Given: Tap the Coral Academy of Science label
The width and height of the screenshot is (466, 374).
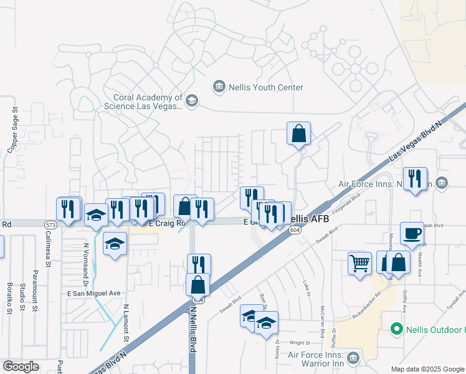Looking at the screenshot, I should tap(148, 102).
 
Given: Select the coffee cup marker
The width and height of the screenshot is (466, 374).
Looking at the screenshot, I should tap(412, 234).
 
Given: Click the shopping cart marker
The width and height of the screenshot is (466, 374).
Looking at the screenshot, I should tap(360, 262).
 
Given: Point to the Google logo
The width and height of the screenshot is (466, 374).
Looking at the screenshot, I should tap(21, 366).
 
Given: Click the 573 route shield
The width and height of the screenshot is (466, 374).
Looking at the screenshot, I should tap(51, 224).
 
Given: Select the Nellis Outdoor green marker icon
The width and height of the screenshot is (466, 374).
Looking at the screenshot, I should tap(396, 328).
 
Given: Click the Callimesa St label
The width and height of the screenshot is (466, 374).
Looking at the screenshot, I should tap(48, 249).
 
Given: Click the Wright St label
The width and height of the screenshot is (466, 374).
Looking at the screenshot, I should tap(300, 342).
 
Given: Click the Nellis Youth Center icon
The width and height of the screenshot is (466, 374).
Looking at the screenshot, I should tap(219, 86).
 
